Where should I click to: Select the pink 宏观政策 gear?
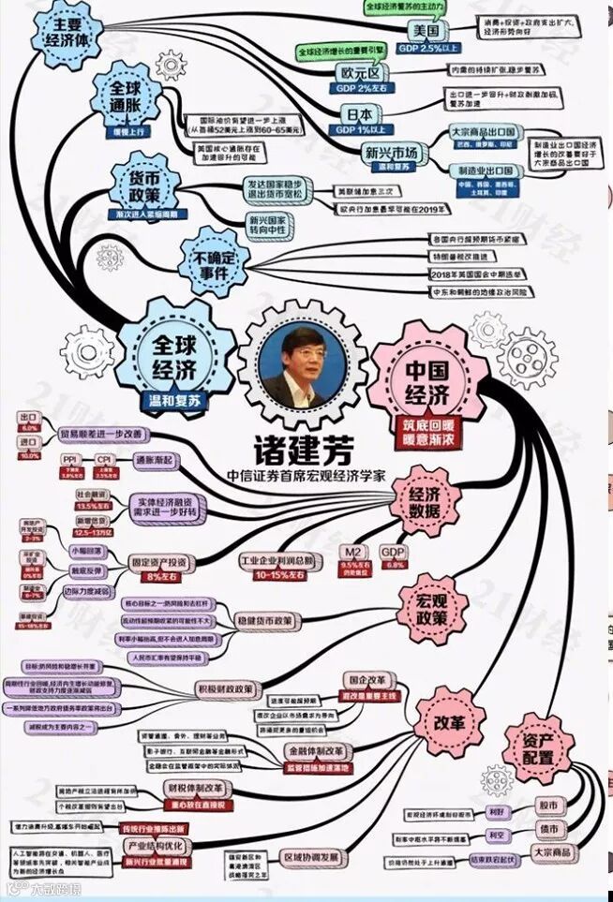pos(434,608)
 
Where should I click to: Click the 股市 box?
pos(547,804)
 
